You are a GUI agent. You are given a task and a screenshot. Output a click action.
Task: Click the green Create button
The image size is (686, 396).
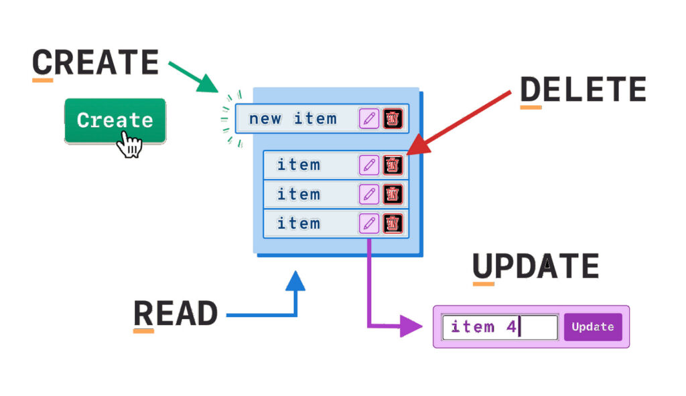(115, 120)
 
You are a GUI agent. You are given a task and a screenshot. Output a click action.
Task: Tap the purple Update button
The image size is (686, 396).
(593, 327)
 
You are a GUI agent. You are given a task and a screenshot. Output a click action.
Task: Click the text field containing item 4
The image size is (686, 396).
(500, 327)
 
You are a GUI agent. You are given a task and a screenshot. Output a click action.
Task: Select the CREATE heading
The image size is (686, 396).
(95, 62)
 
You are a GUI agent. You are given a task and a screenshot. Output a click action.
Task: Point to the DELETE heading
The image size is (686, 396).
(584, 89)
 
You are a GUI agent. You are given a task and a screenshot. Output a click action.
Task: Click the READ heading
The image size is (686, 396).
(176, 314)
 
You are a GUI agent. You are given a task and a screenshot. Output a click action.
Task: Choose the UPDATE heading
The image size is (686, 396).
(536, 266)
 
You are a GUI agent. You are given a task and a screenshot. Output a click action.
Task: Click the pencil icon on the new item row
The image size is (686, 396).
(369, 118)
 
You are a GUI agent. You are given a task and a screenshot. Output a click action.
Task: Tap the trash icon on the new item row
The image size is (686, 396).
(393, 118)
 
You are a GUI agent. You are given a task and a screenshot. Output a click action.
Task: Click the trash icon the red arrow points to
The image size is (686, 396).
(393, 165)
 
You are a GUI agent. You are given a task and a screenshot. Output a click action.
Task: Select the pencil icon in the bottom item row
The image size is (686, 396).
(369, 223)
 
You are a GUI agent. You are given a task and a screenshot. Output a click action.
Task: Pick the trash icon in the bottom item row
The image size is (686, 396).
(393, 223)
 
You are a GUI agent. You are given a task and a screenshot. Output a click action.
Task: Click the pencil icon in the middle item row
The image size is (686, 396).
(369, 194)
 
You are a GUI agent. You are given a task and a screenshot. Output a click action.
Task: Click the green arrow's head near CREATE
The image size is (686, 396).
(208, 84)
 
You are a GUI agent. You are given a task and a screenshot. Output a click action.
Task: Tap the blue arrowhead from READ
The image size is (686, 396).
(295, 280)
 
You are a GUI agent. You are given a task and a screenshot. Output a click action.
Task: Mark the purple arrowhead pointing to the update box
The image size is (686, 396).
(411, 326)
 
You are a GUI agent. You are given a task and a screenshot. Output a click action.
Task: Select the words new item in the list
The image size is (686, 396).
(293, 118)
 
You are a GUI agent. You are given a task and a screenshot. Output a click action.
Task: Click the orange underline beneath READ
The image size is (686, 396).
(143, 331)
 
